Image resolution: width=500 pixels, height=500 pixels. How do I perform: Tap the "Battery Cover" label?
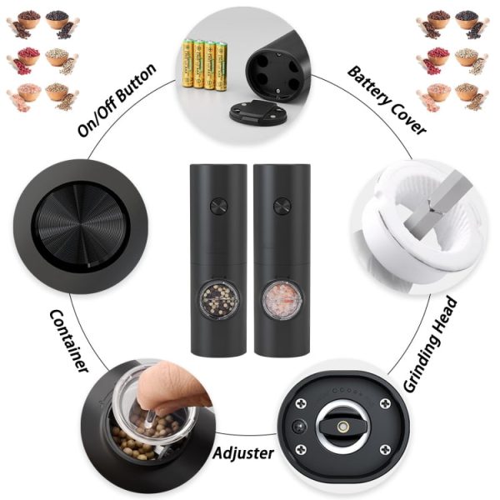(x=387, y=100)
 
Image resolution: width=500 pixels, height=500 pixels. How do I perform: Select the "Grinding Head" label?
(x=431, y=344)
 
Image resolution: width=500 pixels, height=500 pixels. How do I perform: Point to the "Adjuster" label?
(x=243, y=452)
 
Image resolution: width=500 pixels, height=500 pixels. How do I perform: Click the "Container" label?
(x=69, y=341)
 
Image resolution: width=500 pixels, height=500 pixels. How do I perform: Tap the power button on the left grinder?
(x=218, y=206)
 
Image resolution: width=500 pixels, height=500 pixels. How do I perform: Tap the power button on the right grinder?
(x=282, y=206)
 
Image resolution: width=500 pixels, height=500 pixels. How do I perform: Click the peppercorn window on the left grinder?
(x=219, y=300)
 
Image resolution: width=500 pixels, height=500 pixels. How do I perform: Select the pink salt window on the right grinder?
(x=282, y=300)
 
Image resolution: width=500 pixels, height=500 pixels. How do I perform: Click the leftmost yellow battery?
(x=187, y=63)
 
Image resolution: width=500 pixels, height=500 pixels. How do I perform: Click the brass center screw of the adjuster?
(x=343, y=426)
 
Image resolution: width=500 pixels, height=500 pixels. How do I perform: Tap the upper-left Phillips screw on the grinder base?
(x=301, y=403)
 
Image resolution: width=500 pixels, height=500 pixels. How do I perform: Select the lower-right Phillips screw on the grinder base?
(x=385, y=450)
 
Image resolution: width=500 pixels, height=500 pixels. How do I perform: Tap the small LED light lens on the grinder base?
(x=300, y=427)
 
